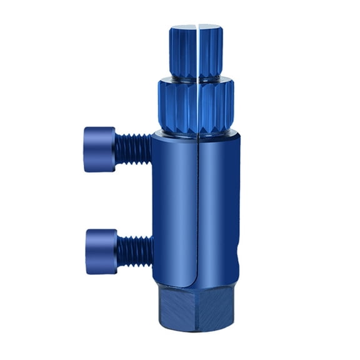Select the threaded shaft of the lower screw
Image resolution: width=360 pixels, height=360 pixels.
(x=134, y=246)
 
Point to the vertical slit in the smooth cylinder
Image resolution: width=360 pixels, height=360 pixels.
(x=197, y=206)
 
